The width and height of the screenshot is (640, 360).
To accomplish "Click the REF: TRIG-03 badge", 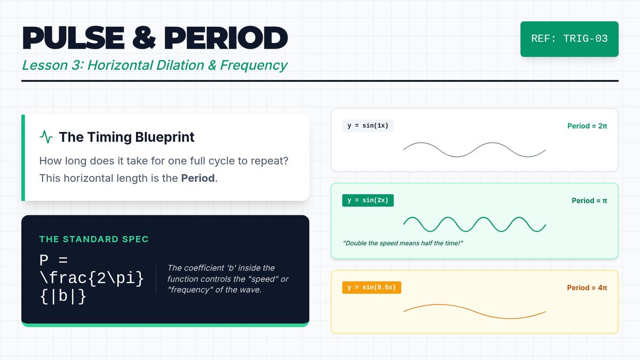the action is pyautogui.click(x=570, y=39).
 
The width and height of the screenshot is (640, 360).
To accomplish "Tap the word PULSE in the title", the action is pyautogui.click(x=74, y=38).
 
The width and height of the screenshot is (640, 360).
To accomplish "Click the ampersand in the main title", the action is pyautogui.click(x=144, y=38).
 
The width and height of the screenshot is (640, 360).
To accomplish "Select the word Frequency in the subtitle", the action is pyautogui.click(x=253, y=66).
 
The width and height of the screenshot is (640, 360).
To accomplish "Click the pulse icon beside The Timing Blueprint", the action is pyautogui.click(x=46, y=137).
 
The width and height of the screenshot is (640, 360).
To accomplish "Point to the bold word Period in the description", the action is pyautogui.click(x=198, y=178).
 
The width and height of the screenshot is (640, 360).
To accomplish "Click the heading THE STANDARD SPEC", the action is pyautogui.click(x=94, y=239).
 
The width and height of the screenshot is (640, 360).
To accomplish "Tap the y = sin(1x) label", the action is pyautogui.click(x=368, y=126).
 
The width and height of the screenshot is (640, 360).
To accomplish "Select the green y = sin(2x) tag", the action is pyautogui.click(x=368, y=201).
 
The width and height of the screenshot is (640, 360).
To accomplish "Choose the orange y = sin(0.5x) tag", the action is pyautogui.click(x=372, y=287).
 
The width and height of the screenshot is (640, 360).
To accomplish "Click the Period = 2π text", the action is pyautogui.click(x=587, y=126).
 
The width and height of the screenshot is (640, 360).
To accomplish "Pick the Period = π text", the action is pyautogui.click(x=589, y=201).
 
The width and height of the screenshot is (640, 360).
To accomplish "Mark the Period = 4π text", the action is pyautogui.click(x=587, y=287).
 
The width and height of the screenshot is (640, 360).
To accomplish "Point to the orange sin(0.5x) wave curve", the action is pyautogui.click(x=475, y=311).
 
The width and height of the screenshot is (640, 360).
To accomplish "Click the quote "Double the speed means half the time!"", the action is pyautogui.click(x=403, y=243).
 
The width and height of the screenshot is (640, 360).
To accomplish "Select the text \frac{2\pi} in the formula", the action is pyautogui.click(x=92, y=278).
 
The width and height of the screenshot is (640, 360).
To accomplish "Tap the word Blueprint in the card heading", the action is pyautogui.click(x=165, y=137).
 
